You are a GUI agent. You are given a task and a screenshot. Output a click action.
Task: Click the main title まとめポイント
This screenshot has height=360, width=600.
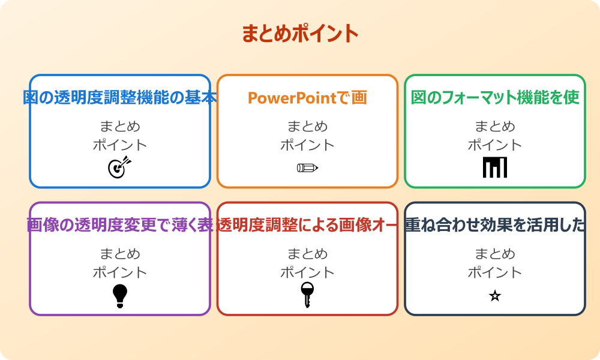pyautogui.click(x=300, y=34)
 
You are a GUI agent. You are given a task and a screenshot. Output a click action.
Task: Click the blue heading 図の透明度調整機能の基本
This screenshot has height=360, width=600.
pyautogui.click(x=120, y=98)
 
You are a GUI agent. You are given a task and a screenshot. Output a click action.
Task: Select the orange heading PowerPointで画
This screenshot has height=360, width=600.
pyautogui.click(x=307, y=98)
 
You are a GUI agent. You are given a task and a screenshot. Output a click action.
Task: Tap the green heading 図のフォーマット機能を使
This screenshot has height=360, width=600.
pyautogui.click(x=495, y=98)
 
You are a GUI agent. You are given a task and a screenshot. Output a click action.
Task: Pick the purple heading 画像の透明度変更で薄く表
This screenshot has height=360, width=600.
pyautogui.click(x=120, y=226)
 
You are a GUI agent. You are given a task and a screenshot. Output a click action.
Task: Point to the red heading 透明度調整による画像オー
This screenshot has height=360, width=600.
pyautogui.click(x=307, y=226)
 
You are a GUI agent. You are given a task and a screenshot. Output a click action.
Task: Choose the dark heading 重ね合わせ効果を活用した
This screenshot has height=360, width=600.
pyautogui.click(x=495, y=226)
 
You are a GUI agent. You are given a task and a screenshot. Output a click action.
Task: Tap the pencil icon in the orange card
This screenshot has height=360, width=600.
pyautogui.click(x=307, y=167)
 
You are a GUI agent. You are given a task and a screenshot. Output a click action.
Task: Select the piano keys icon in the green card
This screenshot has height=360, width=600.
pyautogui.click(x=495, y=167)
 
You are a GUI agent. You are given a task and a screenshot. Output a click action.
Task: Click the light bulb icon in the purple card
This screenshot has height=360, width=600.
pyautogui.click(x=120, y=296)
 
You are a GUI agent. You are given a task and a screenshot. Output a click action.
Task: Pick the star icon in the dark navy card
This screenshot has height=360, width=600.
pyautogui.click(x=495, y=296)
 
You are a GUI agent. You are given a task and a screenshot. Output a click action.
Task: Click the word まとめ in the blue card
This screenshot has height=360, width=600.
pyautogui.click(x=120, y=127)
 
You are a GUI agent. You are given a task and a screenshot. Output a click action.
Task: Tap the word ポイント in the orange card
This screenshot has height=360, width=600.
pyautogui.click(x=307, y=145)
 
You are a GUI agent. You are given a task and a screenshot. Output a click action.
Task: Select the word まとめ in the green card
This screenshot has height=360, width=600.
pyautogui.click(x=495, y=127)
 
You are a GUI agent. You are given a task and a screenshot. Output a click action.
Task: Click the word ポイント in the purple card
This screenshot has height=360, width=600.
pyautogui.click(x=120, y=272)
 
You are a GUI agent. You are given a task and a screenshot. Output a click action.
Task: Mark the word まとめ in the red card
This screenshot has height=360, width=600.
pyautogui.click(x=307, y=254)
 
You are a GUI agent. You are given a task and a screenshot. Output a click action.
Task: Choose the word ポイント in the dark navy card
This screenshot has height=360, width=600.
pyautogui.click(x=495, y=272)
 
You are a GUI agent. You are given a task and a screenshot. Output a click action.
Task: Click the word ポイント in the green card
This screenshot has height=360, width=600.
pyautogui.click(x=495, y=145)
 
